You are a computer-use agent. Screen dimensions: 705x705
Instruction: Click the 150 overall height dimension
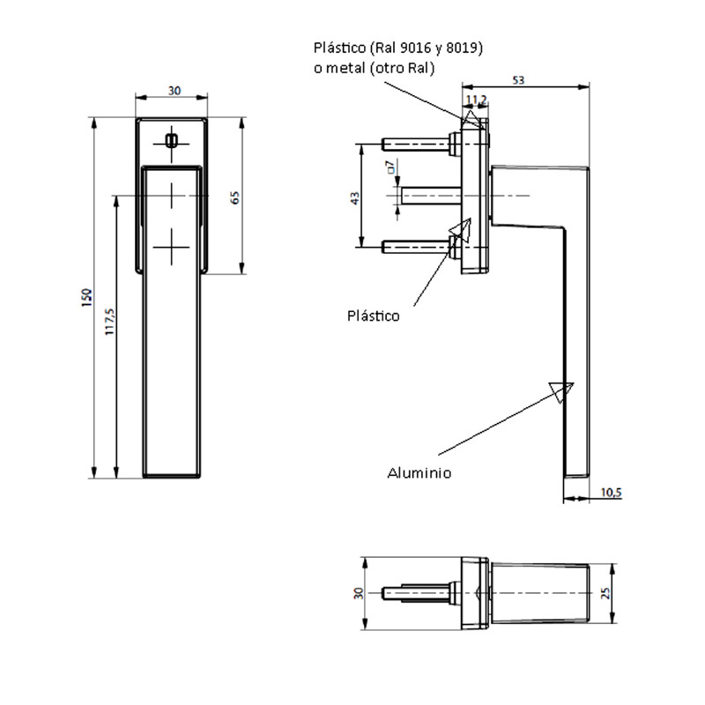[x=86, y=297]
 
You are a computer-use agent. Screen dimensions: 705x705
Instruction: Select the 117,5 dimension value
[x=109, y=321]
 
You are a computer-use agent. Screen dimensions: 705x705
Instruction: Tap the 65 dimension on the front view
[x=234, y=197]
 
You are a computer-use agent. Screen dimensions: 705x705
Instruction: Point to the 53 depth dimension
[x=518, y=80]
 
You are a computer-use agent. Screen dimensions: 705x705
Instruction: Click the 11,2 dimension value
[x=477, y=100]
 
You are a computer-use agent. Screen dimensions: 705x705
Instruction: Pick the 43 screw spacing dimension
[x=355, y=198]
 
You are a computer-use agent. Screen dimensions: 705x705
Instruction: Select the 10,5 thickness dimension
[x=612, y=493]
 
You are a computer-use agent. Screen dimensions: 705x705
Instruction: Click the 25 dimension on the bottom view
[x=605, y=593]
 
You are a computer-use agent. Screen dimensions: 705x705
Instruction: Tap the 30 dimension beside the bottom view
[x=359, y=593]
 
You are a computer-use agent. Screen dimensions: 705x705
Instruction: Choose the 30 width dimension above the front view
[x=174, y=91]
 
